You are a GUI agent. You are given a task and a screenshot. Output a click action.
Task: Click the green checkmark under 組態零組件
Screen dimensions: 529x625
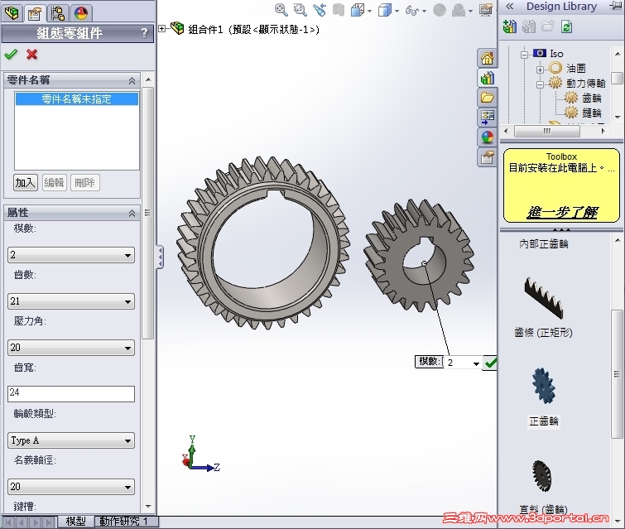click(11, 55)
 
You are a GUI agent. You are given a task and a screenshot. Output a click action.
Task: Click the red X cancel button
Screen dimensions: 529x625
click(32, 55)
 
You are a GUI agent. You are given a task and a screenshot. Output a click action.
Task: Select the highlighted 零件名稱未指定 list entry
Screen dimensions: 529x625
click(77, 99)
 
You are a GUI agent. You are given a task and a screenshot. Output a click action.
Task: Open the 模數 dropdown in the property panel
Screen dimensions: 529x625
click(70, 255)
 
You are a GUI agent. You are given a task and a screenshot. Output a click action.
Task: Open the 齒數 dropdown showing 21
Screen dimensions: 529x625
click(70, 301)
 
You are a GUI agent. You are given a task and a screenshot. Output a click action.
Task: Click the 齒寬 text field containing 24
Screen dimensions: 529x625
click(70, 394)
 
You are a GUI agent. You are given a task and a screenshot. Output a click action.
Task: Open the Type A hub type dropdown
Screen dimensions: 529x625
click(70, 440)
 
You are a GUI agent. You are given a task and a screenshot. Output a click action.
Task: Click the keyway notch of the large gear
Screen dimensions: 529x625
click(272, 195)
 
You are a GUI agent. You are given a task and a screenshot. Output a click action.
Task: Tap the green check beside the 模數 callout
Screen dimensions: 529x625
click(490, 363)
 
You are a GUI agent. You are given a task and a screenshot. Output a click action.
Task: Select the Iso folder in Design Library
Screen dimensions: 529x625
click(555, 54)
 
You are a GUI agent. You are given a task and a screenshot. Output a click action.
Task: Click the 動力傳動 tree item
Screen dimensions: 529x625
click(585, 84)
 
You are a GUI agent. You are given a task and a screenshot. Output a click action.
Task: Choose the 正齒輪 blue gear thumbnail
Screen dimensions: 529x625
click(544, 387)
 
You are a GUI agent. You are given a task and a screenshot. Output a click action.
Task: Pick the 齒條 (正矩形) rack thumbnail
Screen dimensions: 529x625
click(543, 298)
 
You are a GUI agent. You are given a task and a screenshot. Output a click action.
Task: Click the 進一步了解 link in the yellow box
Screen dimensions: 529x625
click(562, 212)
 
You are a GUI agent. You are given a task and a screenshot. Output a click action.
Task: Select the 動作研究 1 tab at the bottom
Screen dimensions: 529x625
click(123, 522)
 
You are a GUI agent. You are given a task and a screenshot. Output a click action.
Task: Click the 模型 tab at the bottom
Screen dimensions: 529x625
click(75, 522)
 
